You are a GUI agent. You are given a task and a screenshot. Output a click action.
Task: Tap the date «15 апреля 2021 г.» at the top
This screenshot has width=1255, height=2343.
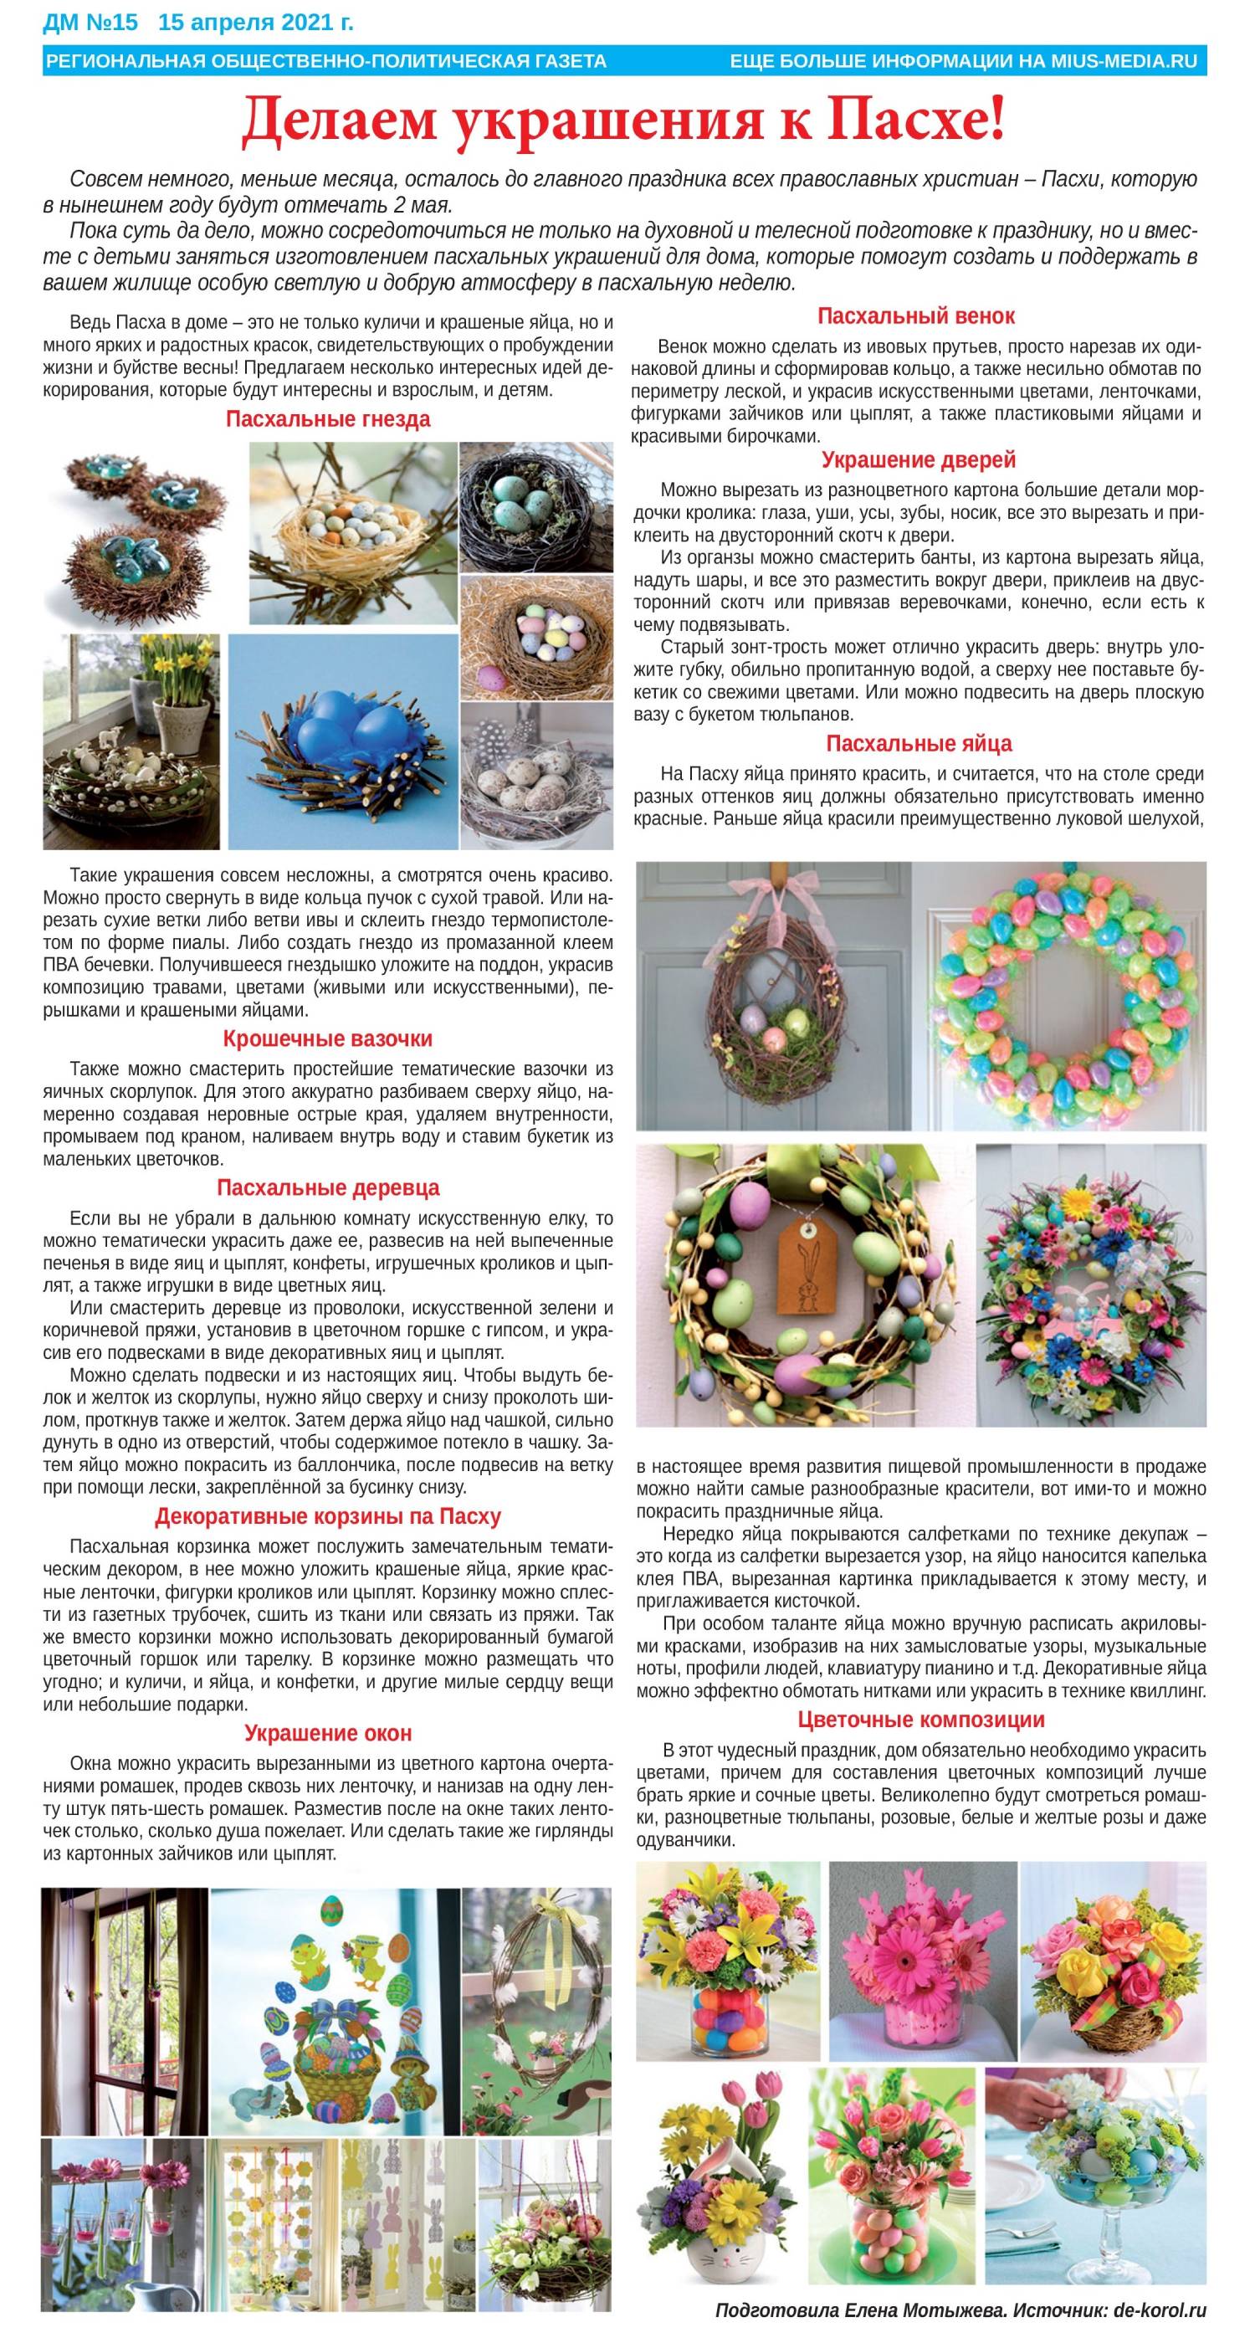257,19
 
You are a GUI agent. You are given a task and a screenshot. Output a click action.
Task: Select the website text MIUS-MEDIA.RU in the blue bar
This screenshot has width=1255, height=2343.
1124,61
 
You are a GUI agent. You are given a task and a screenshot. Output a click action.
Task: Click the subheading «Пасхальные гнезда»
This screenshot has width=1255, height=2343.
327,419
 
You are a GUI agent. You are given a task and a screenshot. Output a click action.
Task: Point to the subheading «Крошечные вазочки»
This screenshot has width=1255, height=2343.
327,1038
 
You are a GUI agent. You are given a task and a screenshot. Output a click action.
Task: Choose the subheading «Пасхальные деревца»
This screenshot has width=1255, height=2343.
327,1188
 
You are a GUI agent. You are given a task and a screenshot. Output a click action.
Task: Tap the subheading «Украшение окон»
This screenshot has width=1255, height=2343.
327,1734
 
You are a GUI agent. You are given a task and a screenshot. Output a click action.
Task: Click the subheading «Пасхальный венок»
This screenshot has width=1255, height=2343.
916,316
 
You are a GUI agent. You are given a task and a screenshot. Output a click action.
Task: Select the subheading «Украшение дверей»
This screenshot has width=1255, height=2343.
919,460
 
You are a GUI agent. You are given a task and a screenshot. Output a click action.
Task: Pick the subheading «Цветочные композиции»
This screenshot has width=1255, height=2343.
920,1720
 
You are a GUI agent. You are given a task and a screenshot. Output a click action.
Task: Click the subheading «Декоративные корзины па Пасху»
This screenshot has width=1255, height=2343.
327,1517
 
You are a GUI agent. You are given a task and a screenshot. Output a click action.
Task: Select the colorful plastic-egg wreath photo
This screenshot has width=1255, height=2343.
1060,995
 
